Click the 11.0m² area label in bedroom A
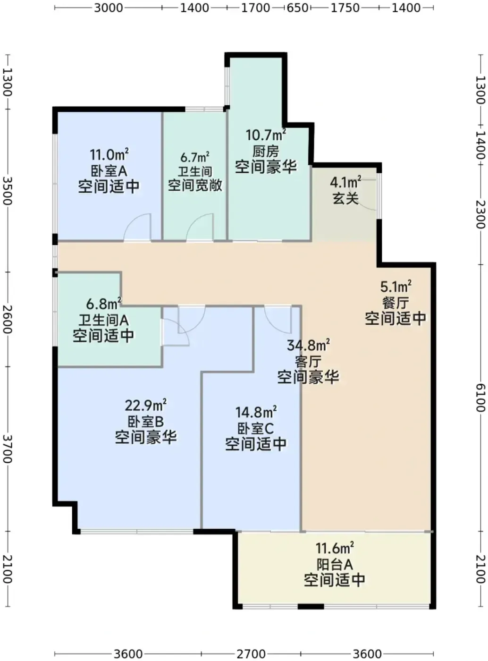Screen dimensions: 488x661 point(109,155)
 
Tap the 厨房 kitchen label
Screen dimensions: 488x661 point(266,152)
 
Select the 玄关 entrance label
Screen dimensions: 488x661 point(345,198)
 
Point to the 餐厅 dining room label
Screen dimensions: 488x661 point(395,304)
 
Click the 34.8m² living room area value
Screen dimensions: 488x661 point(308,346)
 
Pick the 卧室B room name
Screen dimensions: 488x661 point(146,422)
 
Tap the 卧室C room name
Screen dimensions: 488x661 point(256,429)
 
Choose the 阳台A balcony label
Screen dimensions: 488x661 point(334,564)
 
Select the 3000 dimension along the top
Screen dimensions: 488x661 point(109,8)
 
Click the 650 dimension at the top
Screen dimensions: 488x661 point(297,8)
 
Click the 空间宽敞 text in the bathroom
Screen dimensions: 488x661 point(195,186)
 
